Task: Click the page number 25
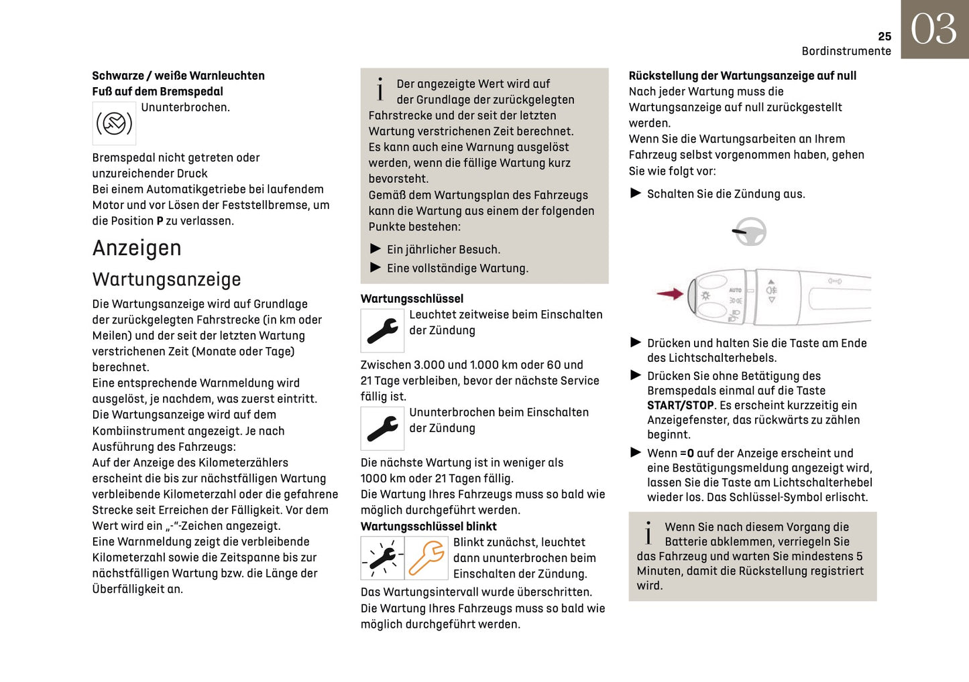click(884, 36)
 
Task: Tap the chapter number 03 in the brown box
click(933, 29)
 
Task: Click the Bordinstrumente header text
click(846, 52)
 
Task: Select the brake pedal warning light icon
click(114, 123)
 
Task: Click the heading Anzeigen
click(137, 248)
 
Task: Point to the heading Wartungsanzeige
click(166, 279)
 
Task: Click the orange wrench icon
click(426, 558)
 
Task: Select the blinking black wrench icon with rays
click(382, 558)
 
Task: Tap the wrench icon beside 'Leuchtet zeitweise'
click(382, 330)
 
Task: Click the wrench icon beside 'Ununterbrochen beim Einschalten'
click(382, 429)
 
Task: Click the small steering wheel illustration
click(749, 232)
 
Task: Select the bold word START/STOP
click(680, 405)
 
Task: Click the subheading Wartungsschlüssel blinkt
click(429, 527)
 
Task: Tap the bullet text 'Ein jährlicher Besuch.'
click(443, 250)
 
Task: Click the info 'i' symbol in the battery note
click(648, 533)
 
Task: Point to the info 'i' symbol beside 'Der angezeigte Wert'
click(380, 89)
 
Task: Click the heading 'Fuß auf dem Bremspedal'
click(158, 92)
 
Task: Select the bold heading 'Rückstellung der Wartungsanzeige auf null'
click(742, 76)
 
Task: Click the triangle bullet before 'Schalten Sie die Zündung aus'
click(636, 194)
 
